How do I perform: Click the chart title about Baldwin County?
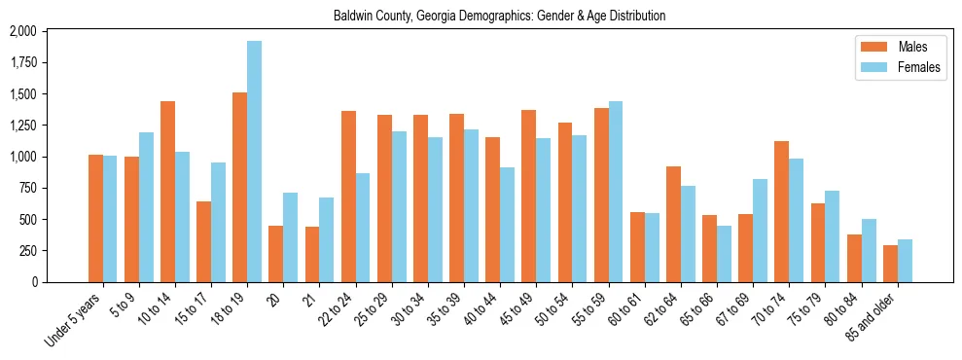coord(499,17)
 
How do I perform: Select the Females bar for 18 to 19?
coord(254,162)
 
